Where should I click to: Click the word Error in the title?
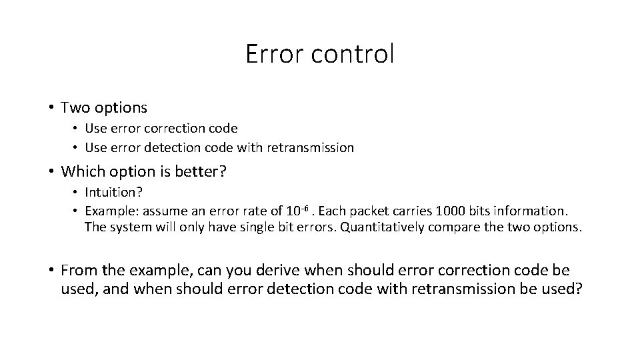pyautogui.click(x=272, y=54)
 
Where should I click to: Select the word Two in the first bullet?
pyautogui.click(x=73, y=107)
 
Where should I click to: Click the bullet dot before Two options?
pyautogui.click(x=51, y=107)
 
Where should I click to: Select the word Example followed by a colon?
pyautogui.click(x=111, y=211)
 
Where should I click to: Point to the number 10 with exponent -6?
pyautogui.click(x=297, y=210)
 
